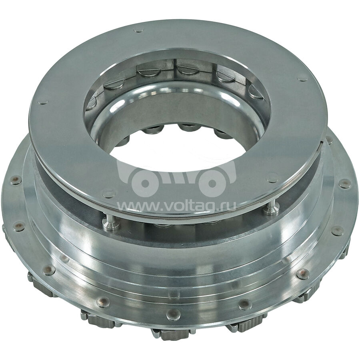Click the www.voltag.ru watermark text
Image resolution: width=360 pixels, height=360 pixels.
point(177,206)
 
